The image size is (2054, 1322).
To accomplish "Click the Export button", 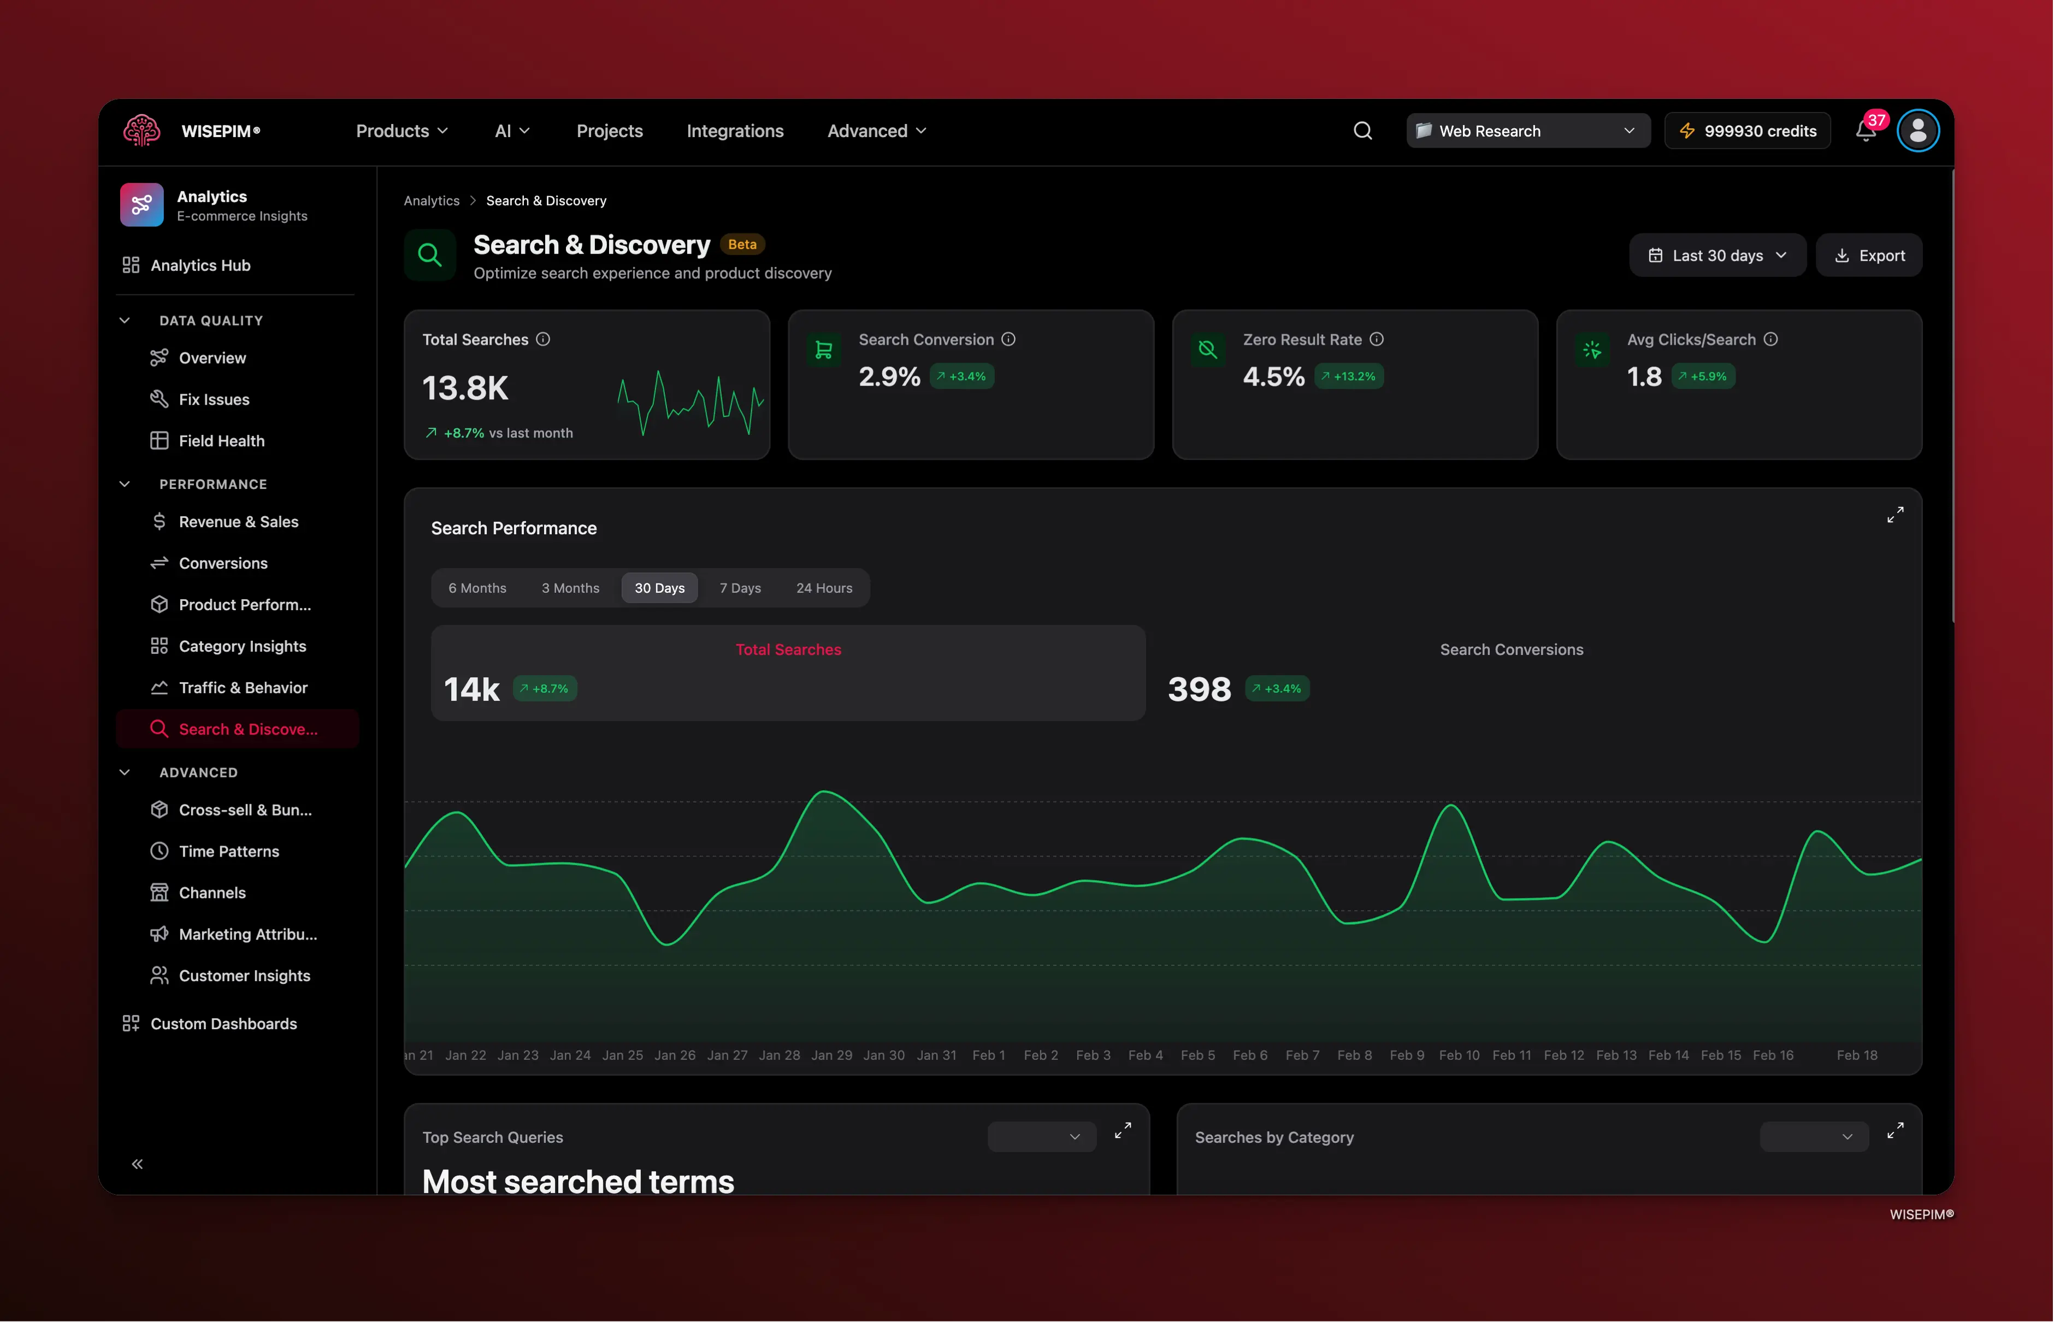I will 1869,256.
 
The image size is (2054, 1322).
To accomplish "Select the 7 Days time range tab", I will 740,588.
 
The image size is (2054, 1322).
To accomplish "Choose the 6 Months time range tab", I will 477,588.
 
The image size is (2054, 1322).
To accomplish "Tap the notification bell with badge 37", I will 1865,131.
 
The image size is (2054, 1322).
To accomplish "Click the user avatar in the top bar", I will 1917,131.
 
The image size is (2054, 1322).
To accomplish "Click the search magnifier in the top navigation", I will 1362,131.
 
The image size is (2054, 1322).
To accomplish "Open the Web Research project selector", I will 1527,131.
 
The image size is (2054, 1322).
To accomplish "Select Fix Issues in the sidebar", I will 214,399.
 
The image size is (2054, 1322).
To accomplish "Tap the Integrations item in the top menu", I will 735,131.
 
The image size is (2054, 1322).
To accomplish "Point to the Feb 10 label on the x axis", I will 1459,1055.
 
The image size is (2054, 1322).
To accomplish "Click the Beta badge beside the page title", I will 742,245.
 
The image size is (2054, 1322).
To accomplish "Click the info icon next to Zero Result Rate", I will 1377,339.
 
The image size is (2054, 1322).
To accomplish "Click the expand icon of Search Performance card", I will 1895,514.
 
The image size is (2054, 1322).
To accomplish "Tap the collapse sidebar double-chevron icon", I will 137,1164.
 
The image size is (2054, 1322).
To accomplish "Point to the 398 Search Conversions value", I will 1199,689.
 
